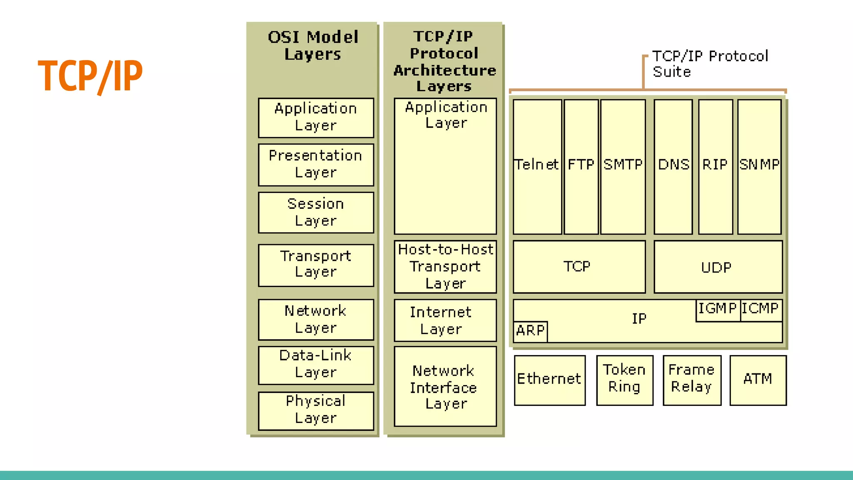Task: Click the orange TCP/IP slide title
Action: click(90, 76)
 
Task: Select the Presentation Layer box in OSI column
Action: click(316, 165)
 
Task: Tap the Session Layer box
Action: click(316, 212)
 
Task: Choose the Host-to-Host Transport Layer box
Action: click(445, 267)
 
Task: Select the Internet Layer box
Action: click(445, 320)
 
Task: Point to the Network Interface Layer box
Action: click(445, 386)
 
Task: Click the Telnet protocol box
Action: click(537, 166)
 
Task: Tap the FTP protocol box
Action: click(581, 166)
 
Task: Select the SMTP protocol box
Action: click(623, 166)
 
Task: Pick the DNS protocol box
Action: click(673, 166)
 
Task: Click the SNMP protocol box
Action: click(759, 166)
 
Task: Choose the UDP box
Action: click(718, 267)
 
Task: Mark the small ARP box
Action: click(530, 331)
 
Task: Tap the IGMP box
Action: click(718, 310)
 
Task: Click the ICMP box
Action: click(761, 310)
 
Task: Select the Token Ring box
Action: click(624, 380)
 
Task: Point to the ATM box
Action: click(758, 380)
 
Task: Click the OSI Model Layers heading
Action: click(313, 45)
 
